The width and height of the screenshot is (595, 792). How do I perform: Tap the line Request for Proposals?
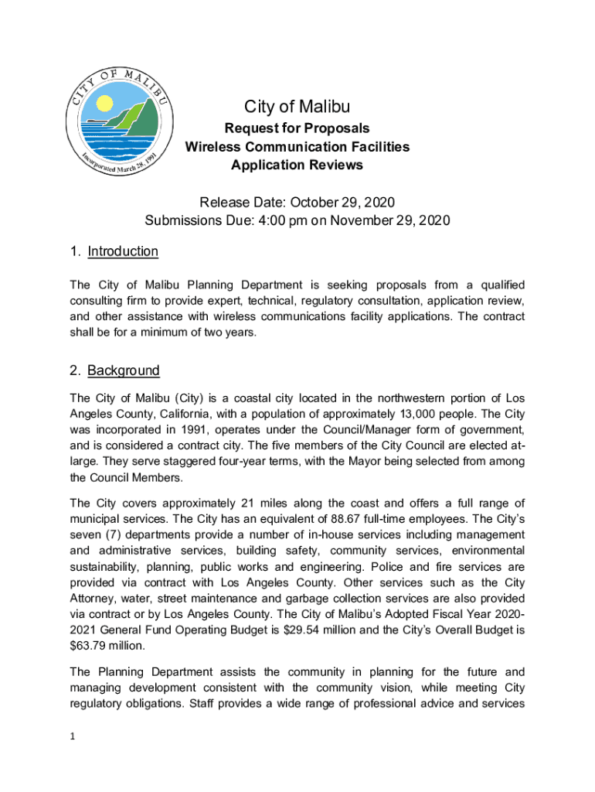click(x=297, y=128)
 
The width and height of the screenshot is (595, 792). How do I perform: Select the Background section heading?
click(x=123, y=370)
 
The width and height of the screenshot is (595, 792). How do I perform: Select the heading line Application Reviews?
click(x=297, y=165)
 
